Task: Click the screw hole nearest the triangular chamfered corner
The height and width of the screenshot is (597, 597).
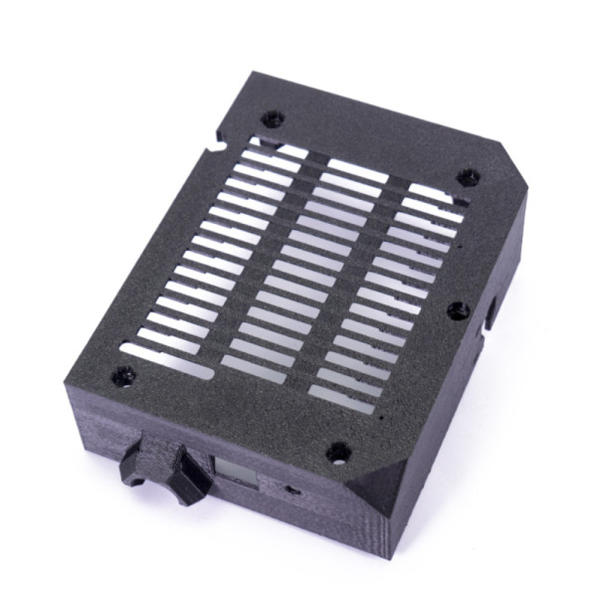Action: point(338,452)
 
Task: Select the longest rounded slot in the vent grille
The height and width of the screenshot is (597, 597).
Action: point(167,358)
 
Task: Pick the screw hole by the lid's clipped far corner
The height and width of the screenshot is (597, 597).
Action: point(467,177)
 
